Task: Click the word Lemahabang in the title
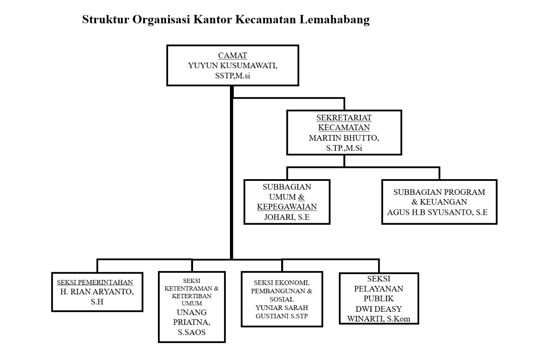335,19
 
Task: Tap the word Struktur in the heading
105,19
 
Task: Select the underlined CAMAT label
232,55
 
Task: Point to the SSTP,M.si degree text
232,76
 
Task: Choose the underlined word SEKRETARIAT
344,118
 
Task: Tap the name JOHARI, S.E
287,217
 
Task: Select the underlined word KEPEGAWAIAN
287,207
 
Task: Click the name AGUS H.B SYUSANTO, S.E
437,212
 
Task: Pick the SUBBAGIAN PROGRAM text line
439,192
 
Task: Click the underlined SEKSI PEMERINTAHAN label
95,282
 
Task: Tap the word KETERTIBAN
192,296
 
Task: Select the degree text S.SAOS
192,332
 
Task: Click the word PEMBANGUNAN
279,291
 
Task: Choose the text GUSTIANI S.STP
282,316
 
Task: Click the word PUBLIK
379,299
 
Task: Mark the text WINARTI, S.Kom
379,318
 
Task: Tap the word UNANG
192,312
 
